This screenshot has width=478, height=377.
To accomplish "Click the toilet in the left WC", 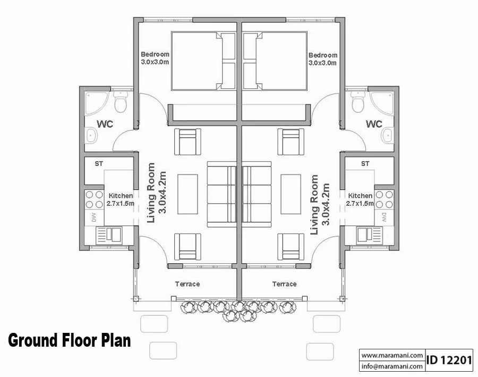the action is [121, 100].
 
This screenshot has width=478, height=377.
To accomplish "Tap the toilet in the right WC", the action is [358, 100].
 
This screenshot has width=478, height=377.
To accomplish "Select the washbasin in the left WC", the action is [91, 136].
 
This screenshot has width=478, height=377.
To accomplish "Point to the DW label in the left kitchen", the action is [94, 217].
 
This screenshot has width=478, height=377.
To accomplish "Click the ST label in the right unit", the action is [365, 164].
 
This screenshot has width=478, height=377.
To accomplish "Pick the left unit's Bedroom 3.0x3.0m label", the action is [155, 58].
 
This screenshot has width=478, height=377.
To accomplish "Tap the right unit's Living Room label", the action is [320, 204].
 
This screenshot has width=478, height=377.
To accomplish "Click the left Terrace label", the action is [187, 284].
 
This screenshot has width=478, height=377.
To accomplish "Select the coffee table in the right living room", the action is [291, 194].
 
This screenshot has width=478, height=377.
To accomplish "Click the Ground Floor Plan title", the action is [70, 340].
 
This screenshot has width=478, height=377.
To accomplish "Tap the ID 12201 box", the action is [449, 361].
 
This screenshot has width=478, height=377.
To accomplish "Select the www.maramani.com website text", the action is [392, 355].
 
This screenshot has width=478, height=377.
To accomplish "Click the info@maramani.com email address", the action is [392, 366].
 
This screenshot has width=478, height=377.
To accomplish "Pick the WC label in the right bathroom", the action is [374, 124].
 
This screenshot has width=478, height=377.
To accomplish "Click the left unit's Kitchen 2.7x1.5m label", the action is [121, 199].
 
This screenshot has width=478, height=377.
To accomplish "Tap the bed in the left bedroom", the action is [203, 61].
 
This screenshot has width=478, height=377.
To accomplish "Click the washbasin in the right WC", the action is [387, 136].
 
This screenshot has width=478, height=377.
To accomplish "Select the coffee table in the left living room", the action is [187, 194].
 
